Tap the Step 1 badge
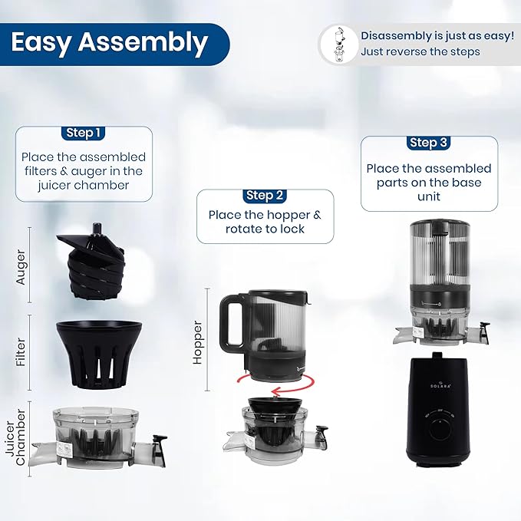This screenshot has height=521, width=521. tap(83, 133)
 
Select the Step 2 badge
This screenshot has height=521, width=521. tap(265, 196)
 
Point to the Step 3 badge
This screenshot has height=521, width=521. tap(428, 143)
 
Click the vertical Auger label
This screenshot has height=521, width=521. tap(20, 267)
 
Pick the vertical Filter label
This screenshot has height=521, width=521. tap(21, 352)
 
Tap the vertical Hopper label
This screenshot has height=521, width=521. tap(197, 342)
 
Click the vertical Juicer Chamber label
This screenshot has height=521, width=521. tap(15, 437)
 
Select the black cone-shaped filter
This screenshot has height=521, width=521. tap(100, 354)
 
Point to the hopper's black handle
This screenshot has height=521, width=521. tap(232, 321)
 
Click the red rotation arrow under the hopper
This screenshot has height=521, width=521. tap(275, 384)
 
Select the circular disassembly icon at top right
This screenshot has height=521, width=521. tap(339, 45)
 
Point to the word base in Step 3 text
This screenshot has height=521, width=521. tap(467, 183)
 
